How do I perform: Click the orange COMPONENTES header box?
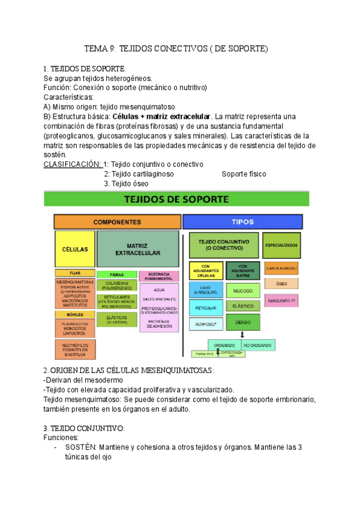[117, 221]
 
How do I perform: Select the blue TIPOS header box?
[245, 221]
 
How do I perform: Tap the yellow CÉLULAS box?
[74, 248]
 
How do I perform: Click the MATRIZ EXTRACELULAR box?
[137, 249]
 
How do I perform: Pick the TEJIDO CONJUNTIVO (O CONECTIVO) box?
[224, 244]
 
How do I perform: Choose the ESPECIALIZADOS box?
[282, 245]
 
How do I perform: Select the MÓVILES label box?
[74, 314]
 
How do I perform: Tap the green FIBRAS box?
[117, 274]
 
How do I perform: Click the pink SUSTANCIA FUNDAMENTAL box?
[159, 276]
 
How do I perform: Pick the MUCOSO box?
[243, 291]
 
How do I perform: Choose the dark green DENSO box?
[243, 322]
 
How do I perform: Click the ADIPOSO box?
[206, 324]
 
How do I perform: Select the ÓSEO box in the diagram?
[281, 283]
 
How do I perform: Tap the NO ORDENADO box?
[258, 345]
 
